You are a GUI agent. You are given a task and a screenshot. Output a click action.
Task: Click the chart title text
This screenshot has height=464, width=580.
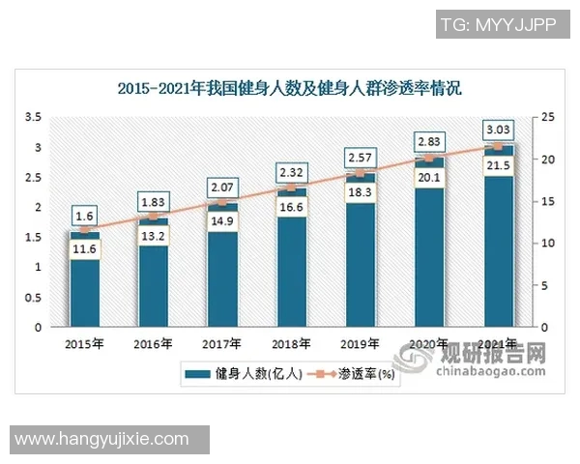[290, 88]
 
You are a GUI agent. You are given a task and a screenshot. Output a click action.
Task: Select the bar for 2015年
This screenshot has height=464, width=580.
[84, 290]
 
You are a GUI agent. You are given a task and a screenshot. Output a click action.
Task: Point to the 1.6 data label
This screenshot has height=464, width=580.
[84, 216]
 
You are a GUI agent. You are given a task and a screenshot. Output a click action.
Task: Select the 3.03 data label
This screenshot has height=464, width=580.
[499, 130]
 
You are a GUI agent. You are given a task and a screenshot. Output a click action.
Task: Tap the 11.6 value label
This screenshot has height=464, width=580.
[84, 250]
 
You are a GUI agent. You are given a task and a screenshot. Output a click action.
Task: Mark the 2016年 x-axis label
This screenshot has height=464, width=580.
[154, 344]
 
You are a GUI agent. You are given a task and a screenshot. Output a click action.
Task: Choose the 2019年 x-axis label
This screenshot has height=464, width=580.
[361, 344]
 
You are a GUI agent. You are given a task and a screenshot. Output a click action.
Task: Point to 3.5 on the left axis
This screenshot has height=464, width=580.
[32, 117]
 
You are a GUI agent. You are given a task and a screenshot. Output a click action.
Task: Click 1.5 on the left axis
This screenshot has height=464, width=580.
[32, 237]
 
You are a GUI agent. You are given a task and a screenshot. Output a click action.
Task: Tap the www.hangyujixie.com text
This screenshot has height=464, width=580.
[102, 439]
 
